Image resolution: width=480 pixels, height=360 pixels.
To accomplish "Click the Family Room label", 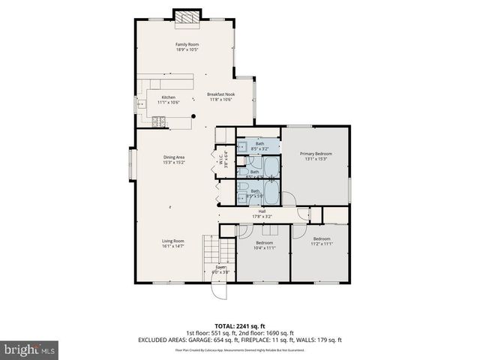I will coord(187,47).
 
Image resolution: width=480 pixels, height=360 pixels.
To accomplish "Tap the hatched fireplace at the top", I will coord(187,17).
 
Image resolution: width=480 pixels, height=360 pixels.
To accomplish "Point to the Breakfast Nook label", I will coord(220,96).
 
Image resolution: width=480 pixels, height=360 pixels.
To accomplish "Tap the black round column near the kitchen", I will coord(193,115).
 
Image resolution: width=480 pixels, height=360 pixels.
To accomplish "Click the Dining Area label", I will coord(174,159).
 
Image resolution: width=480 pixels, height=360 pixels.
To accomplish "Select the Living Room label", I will coord(172,243).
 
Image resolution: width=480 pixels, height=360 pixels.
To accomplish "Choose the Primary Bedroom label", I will coord(318,156).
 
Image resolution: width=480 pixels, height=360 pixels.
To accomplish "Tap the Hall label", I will coord(262,214).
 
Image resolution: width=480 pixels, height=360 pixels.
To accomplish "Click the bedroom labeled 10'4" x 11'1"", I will coord(264,245).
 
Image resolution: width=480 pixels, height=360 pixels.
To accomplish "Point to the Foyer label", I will coord(220,268).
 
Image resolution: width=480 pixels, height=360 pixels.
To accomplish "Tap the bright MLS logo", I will coord(28,350).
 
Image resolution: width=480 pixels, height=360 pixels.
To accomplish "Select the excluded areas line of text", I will coord(240,340).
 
